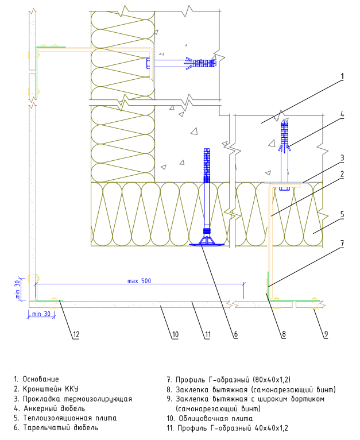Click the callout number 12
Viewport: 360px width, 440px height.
(x=76, y=334)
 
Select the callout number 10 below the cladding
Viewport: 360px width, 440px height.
(x=175, y=334)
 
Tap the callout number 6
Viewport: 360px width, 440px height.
(x=236, y=334)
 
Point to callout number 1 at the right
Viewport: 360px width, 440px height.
(x=342, y=76)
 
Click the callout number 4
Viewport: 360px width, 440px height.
(x=342, y=114)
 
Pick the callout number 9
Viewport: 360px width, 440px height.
(x=326, y=334)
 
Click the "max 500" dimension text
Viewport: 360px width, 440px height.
(x=139, y=281)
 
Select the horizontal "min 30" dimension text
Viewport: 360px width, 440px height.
(x=41, y=314)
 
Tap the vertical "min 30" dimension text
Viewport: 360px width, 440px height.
(x=17, y=290)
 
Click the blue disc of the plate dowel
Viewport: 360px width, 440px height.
(x=207, y=245)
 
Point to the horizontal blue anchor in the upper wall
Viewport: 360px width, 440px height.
(x=181, y=63)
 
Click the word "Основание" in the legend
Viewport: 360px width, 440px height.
(x=41, y=379)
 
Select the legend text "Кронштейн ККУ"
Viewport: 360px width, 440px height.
(x=51, y=389)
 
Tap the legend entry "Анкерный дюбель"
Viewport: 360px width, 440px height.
(x=54, y=408)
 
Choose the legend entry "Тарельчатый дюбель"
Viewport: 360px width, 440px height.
(x=61, y=428)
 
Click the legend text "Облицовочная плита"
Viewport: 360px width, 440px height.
(x=216, y=419)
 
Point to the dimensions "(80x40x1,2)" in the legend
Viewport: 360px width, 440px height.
(x=272, y=380)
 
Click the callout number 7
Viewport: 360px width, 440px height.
(x=342, y=243)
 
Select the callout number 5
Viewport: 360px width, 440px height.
(x=342, y=215)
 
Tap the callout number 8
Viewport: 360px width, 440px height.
(x=284, y=334)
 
